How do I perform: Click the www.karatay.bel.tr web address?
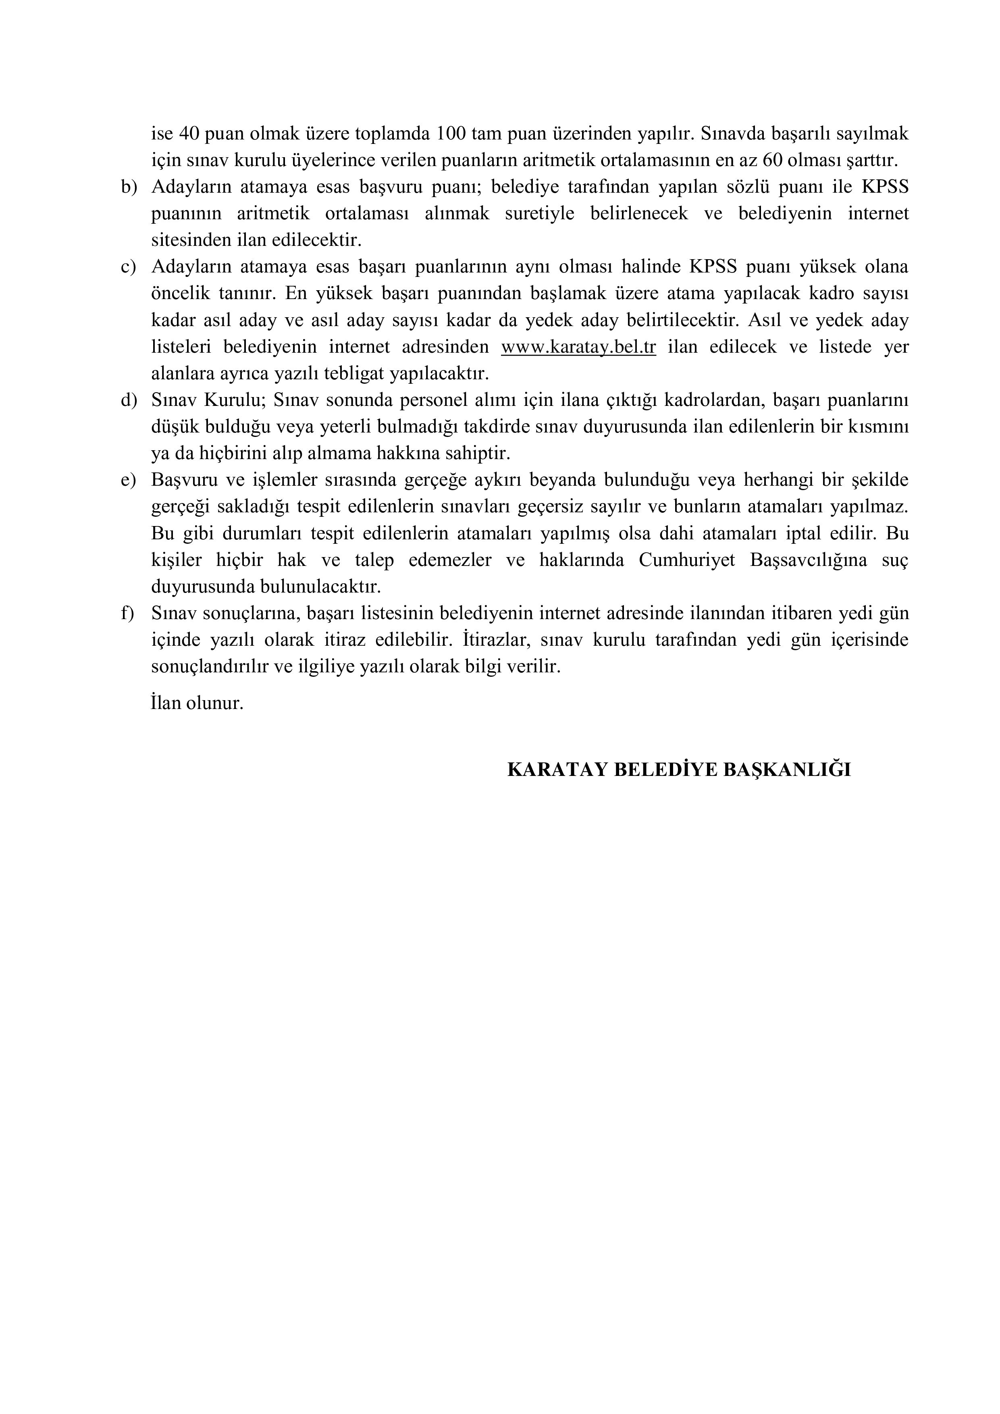pos(578,347)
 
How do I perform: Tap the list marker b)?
pos(128,187)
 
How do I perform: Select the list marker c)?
pos(128,267)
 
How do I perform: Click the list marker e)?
pos(128,481)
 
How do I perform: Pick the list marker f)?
pos(127,614)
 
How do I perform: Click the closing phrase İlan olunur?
pos(197,703)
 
